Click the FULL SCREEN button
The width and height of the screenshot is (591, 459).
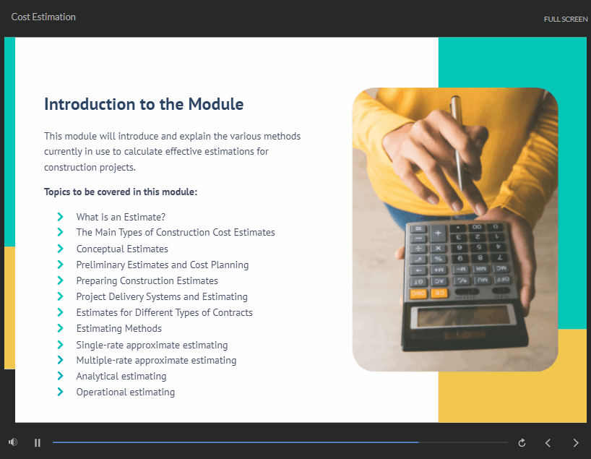pos(566,20)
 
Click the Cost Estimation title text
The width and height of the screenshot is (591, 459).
pos(43,17)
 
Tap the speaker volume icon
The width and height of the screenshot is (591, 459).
pos(13,442)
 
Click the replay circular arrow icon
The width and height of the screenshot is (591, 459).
pos(522,443)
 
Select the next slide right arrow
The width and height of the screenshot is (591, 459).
pos(576,443)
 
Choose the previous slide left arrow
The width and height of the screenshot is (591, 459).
pos(548,443)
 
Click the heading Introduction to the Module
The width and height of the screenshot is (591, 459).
pos(144,104)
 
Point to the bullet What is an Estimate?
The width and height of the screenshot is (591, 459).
pos(121,218)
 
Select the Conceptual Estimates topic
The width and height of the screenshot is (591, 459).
pos(122,249)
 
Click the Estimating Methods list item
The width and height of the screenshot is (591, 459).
pos(118,328)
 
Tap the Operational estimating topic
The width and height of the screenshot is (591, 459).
pos(126,392)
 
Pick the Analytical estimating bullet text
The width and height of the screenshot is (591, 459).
pos(121,377)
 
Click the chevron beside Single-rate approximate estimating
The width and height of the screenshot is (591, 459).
pos(60,344)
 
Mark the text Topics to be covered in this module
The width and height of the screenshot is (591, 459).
pos(121,192)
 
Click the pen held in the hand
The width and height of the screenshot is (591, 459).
pos(458,143)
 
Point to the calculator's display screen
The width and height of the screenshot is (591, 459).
pos(462,316)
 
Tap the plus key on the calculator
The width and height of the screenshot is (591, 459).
pos(438,233)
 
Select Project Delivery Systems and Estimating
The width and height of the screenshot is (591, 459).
pos(162,297)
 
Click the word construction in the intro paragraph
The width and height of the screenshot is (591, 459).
pos(67,168)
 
